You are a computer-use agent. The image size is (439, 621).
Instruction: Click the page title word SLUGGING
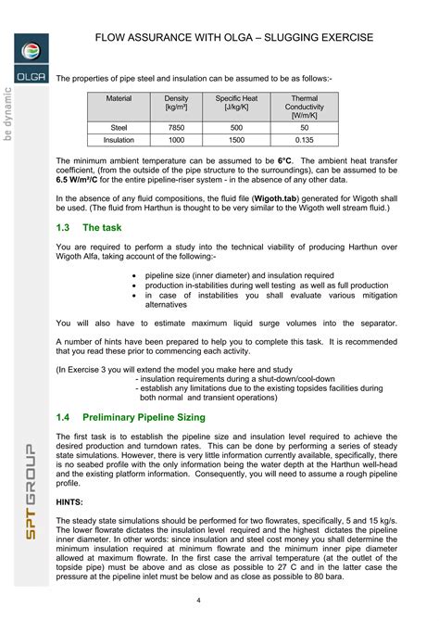pos(295,37)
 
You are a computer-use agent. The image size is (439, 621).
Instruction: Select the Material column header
pos(119,98)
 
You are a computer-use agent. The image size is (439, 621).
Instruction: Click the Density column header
pos(176,103)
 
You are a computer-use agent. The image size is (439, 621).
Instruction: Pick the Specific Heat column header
pos(236,103)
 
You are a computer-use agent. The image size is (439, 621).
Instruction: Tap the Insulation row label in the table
pos(119,140)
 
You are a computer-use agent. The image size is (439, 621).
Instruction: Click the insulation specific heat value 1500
pos(236,140)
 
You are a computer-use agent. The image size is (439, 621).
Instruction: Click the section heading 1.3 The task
pos(90,227)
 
